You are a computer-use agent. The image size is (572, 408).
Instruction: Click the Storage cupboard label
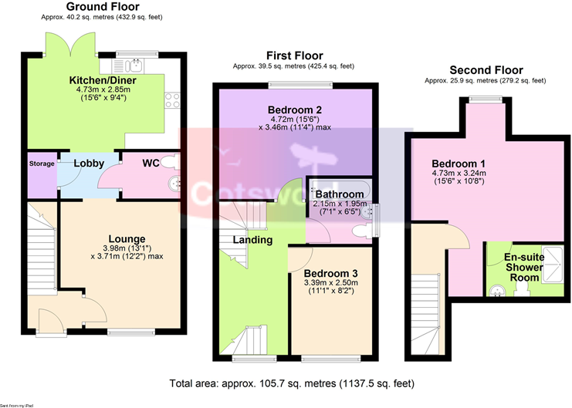pos(42,164)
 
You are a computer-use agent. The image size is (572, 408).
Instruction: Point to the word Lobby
pos(89,164)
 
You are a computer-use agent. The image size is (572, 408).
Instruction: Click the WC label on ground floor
pos(151,164)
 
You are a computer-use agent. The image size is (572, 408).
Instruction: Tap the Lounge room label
pos(127,239)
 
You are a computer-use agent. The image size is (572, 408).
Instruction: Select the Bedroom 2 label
pos(294,109)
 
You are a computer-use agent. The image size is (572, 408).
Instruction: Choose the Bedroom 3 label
pos(330,273)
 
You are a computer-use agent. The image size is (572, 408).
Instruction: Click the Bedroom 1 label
pos(459,164)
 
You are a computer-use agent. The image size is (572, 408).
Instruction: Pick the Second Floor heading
pos(486,69)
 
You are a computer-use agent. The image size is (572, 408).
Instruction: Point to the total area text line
pos(293,382)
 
